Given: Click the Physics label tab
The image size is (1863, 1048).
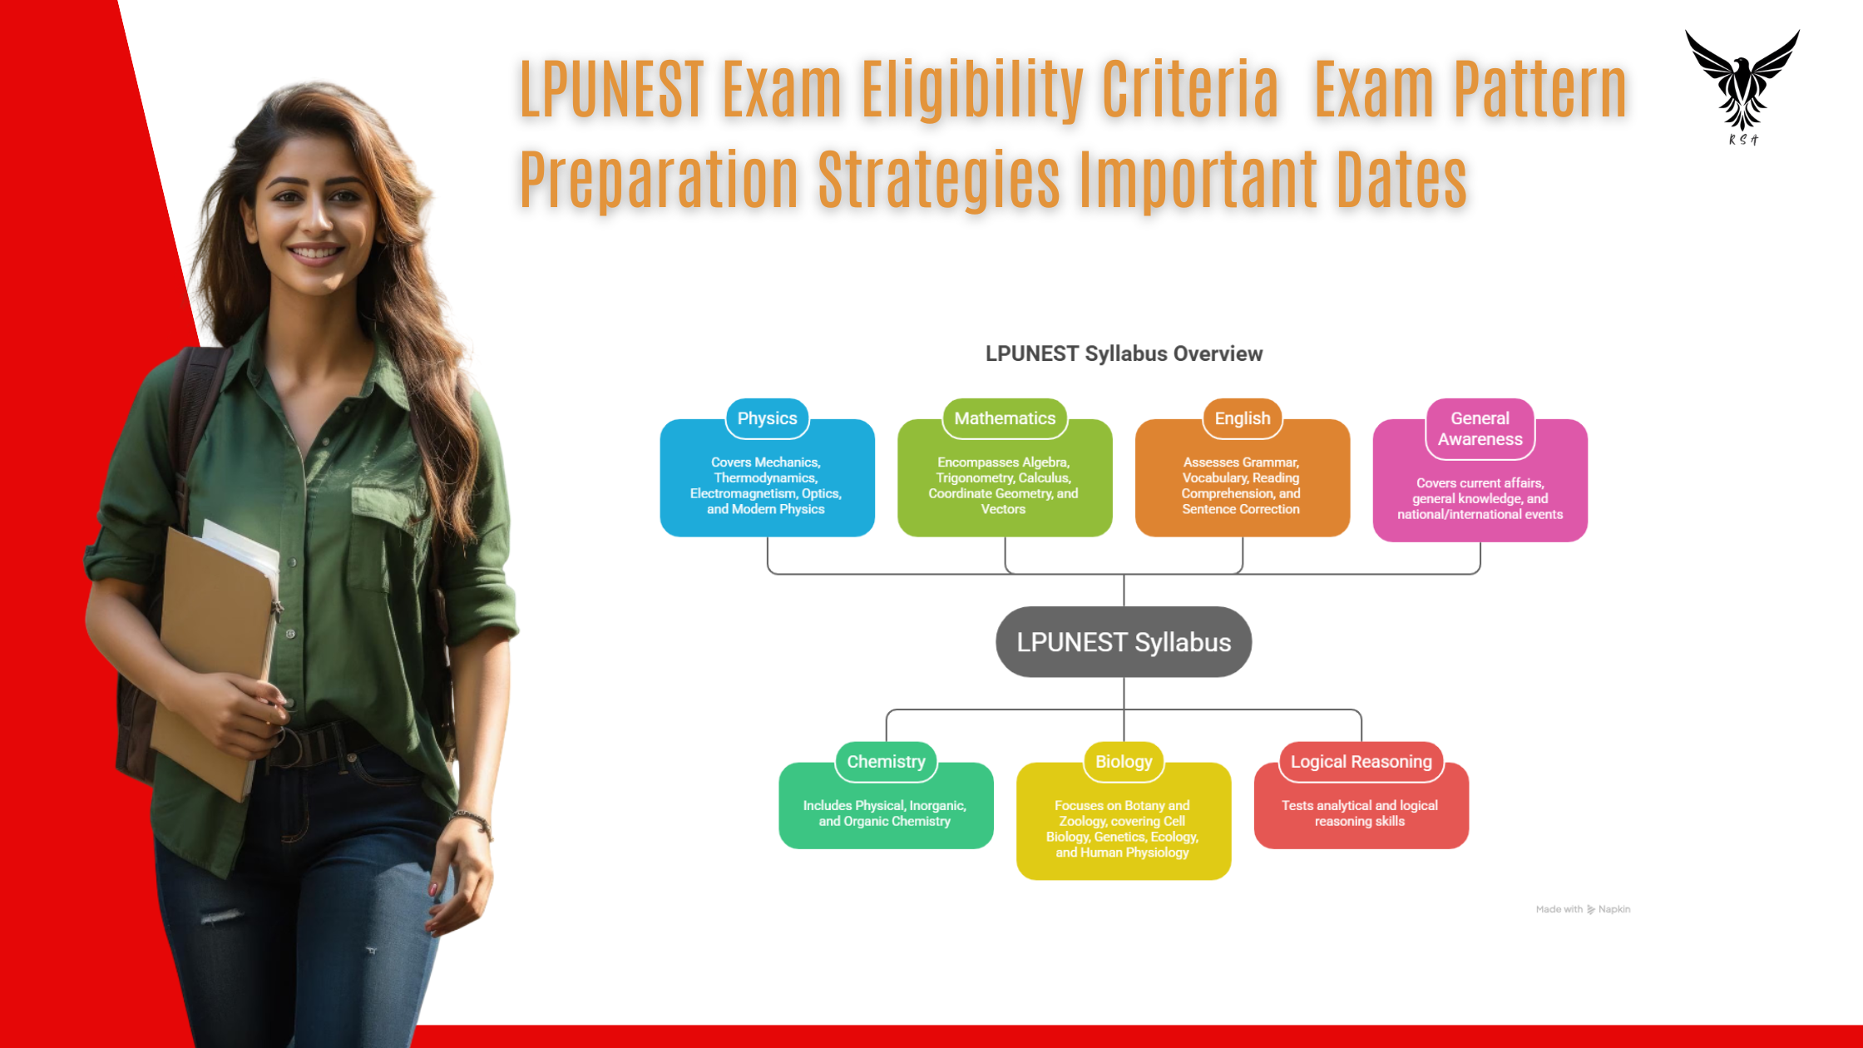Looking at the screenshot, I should point(767,418).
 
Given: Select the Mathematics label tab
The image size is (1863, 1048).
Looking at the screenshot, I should point(1005,418).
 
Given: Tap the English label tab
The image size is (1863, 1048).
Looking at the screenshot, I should point(1243,418).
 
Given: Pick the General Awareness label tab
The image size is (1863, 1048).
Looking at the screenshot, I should point(1480,428).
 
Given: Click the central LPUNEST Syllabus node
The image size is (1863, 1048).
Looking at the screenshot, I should point(1124,642).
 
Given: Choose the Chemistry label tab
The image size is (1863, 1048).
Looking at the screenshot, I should point(886,761).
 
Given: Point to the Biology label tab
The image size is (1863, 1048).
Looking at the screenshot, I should point(1124,761).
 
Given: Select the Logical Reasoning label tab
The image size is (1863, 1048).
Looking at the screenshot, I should point(1361,761).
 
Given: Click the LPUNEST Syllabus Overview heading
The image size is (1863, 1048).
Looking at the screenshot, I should point(1124,353).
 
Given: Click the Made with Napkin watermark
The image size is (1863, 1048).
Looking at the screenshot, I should point(1583,909).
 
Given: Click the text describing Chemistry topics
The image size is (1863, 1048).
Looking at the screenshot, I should point(885,813).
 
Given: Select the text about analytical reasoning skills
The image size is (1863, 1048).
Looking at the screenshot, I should point(1360,813).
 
